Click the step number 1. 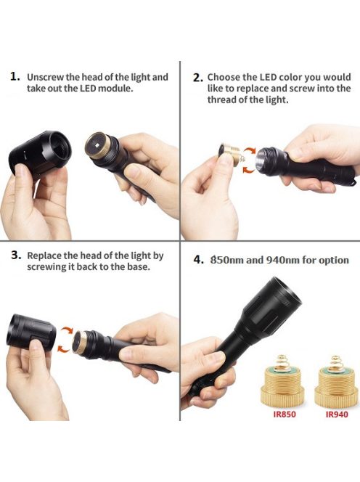tap(15, 76)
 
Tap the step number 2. tap(197, 78)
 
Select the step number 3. tap(16, 255)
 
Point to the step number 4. tap(198, 260)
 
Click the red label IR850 tap(285, 414)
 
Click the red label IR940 tap(337, 414)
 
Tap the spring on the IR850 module tap(282, 361)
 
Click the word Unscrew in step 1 tap(46, 77)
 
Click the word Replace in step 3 tap(45, 256)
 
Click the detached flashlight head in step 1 tap(40, 152)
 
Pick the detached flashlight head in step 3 tap(31, 332)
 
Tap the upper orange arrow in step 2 tap(250, 150)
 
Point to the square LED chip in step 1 tap(97, 144)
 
